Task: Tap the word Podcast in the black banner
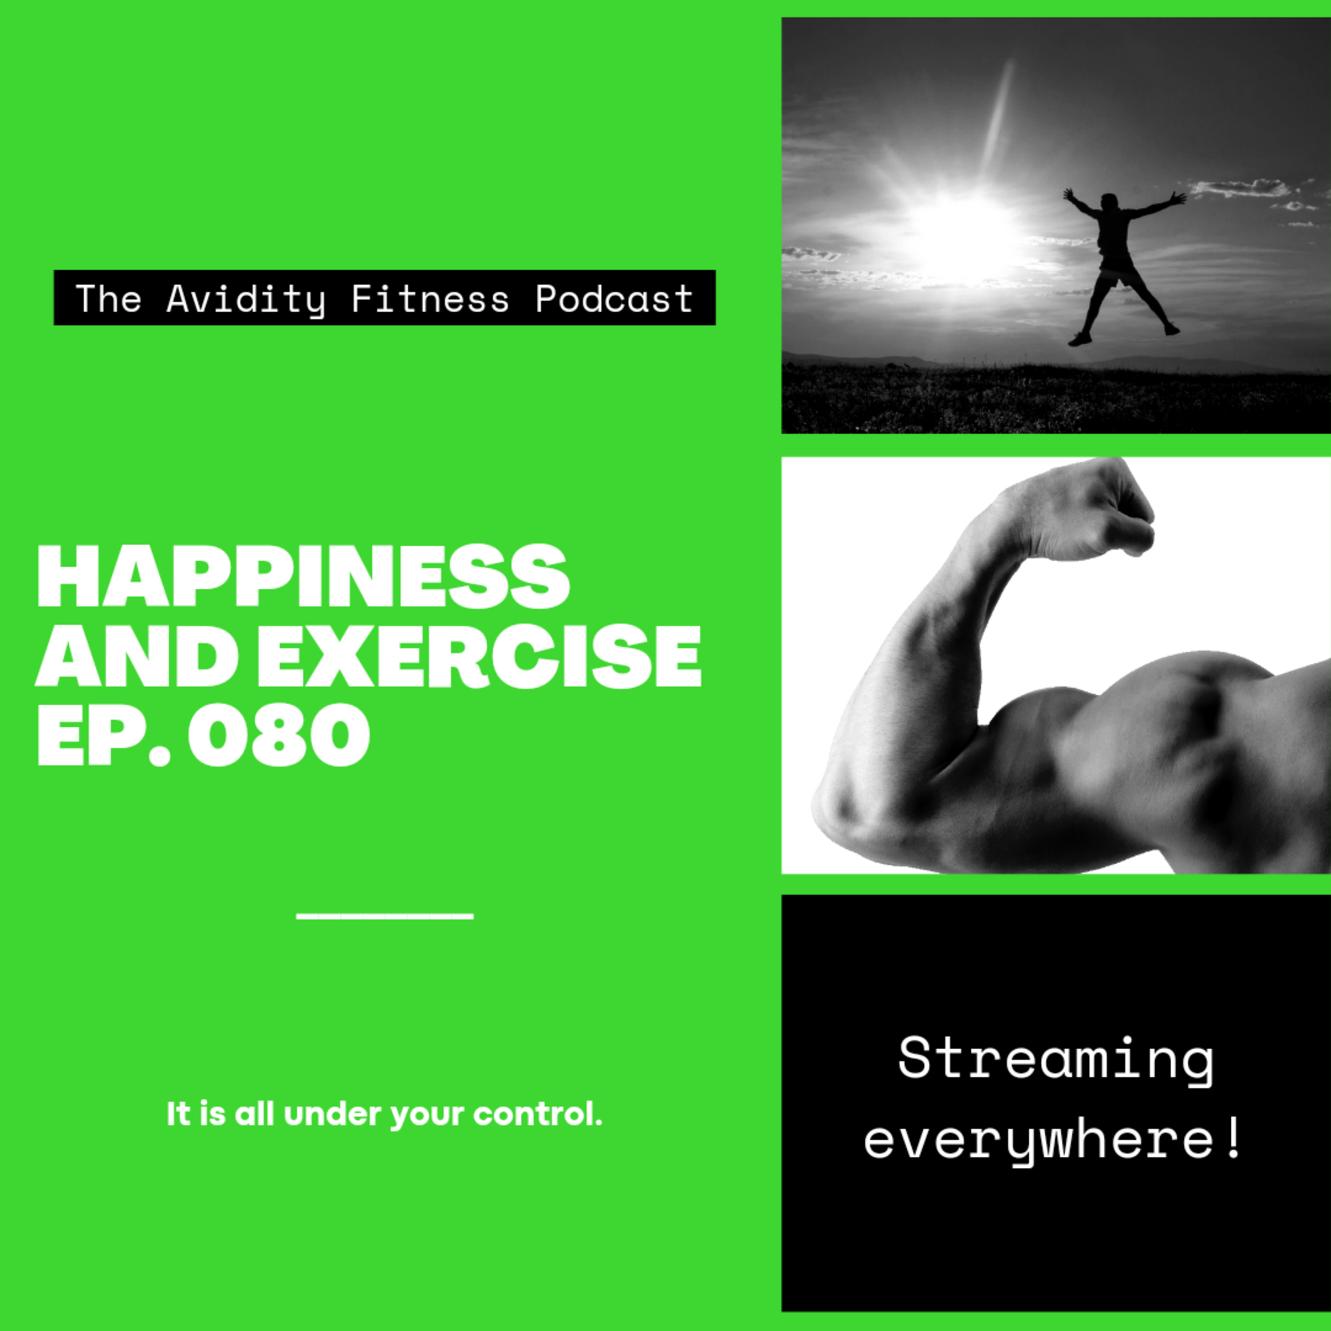click(614, 298)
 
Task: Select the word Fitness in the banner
click(430, 298)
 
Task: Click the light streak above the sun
click(997, 117)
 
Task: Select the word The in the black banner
click(108, 298)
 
